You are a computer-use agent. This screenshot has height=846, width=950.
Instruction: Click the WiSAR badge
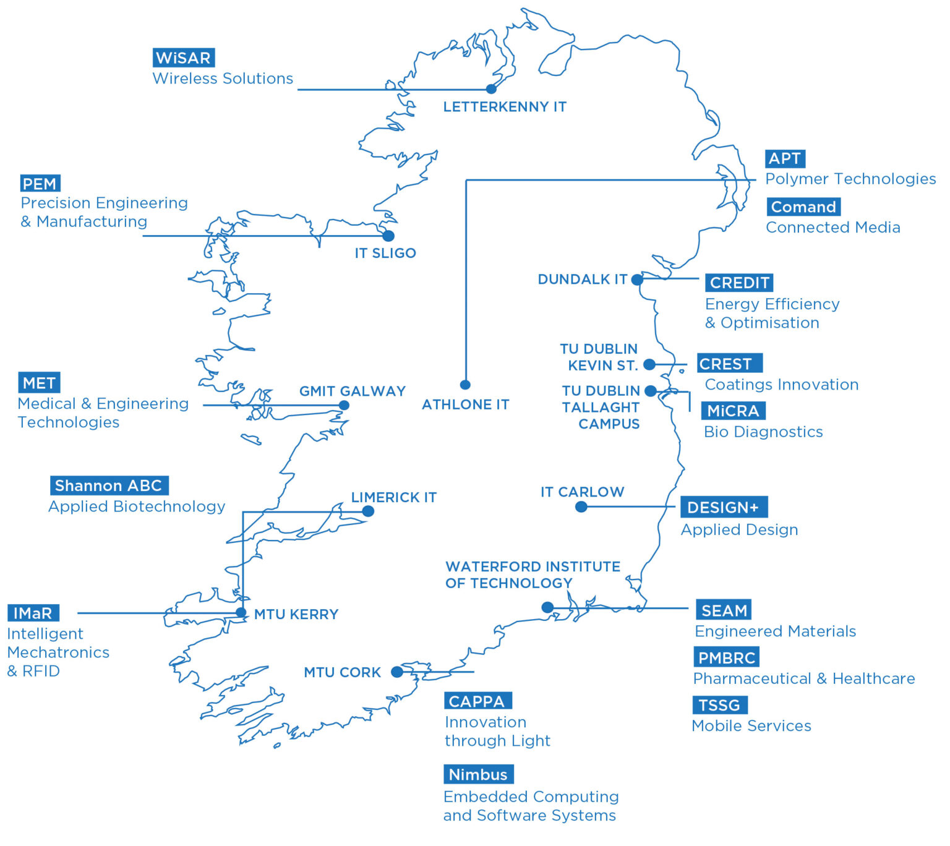[x=184, y=58]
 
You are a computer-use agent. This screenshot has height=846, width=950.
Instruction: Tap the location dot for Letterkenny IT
[x=491, y=89]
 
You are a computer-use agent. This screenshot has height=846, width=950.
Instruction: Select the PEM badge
[x=40, y=184]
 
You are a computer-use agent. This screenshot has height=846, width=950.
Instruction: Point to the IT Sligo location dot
[x=388, y=236]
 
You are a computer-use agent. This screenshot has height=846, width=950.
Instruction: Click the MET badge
[x=39, y=383]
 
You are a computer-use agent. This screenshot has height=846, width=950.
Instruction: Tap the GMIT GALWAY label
[x=353, y=391]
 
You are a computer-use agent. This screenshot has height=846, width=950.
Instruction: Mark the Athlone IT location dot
[x=465, y=385]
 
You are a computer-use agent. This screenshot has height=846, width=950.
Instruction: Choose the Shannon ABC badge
[x=109, y=485]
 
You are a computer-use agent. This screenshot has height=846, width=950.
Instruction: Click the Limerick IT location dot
[x=368, y=511]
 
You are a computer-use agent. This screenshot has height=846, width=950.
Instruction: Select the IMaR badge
[x=33, y=613]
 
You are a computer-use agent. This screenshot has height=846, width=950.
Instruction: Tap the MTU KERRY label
[x=296, y=614]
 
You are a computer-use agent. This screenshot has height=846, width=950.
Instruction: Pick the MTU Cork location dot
[x=397, y=672]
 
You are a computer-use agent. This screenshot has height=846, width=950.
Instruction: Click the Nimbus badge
[x=478, y=774]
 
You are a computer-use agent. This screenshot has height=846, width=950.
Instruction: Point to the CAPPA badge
[x=477, y=701]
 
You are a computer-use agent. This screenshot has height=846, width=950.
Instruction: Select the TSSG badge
[x=719, y=705]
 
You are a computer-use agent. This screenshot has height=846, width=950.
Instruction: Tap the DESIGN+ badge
[x=724, y=507]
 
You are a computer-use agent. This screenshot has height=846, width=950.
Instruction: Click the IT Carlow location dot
[x=581, y=507]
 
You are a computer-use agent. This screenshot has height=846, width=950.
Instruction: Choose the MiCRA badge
[x=733, y=411]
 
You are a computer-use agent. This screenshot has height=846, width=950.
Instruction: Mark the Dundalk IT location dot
[x=637, y=280]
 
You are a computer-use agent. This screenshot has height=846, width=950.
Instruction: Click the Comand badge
[x=803, y=207]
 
